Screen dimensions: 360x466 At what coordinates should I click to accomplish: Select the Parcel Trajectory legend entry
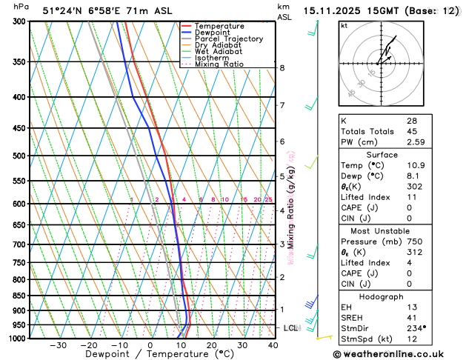[229, 39]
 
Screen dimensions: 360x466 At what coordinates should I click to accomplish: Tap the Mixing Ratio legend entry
[219, 64]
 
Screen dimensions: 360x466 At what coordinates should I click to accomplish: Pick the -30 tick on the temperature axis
[58, 345]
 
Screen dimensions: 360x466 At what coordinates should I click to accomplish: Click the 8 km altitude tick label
[282, 68]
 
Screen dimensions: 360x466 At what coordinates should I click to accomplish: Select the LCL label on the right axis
[290, 327]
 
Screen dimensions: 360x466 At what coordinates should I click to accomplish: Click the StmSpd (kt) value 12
[411, 339]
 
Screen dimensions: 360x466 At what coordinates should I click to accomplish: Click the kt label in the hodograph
[344, 26]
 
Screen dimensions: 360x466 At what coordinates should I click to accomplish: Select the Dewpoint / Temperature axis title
[150, 355]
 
